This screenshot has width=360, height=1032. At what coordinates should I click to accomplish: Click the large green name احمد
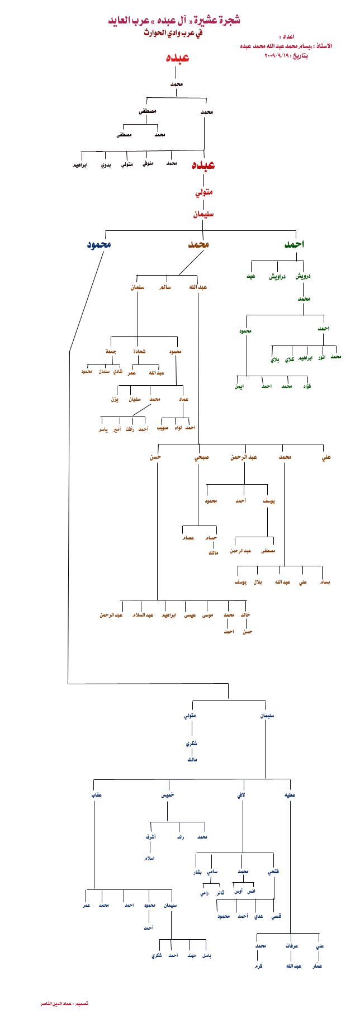click(295, 245)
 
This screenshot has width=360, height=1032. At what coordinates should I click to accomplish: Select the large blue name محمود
click(98, 245)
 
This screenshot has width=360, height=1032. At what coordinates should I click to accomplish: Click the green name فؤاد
click(307, 386)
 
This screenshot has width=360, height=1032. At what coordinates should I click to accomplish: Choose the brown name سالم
click(165, 287)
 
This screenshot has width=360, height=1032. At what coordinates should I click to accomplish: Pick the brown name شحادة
click(139, 352)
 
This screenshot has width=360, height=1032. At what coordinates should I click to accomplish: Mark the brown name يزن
click(114, 400)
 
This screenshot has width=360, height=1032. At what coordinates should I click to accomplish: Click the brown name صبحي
click(202, 457)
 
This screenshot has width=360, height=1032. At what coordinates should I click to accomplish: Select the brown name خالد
click(245, 615)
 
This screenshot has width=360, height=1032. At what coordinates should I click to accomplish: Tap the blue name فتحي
click(274, 872)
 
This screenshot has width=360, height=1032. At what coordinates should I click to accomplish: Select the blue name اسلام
click(149, 858)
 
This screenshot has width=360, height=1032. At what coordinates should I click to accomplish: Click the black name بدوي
click(106, 166)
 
